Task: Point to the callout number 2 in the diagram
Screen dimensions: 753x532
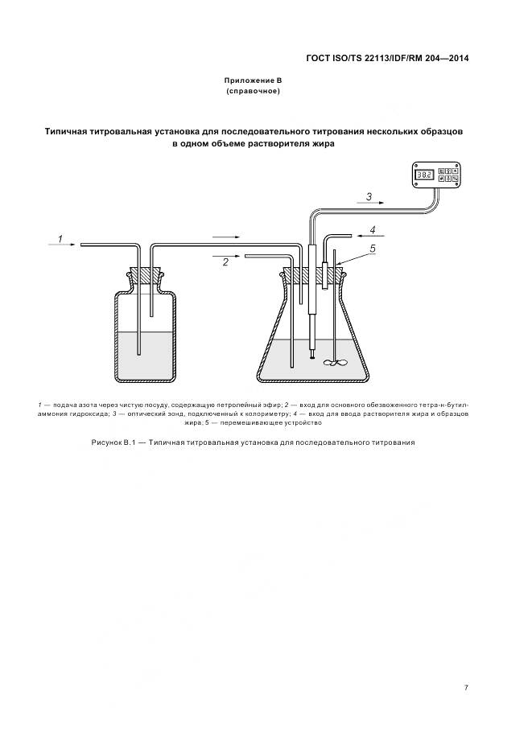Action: tap(225, 262)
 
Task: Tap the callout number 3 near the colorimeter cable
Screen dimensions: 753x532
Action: tap(368, 195)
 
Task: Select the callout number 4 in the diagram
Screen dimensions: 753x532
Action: tap(372, 229)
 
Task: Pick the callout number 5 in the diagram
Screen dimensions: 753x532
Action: tap(372, 249)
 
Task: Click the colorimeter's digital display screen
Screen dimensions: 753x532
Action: tap(425, 174)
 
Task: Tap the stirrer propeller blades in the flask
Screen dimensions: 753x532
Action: tap(335, 364)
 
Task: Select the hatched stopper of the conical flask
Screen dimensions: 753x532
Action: tap(314, 276)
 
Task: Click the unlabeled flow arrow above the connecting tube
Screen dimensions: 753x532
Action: tap(226, 237)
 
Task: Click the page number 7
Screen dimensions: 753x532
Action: tap(466, 688)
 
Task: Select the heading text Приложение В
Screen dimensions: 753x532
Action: tap(254, 81)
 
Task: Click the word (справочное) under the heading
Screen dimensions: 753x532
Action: tap(254, 93)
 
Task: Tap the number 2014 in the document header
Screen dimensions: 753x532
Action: tap(456, 58)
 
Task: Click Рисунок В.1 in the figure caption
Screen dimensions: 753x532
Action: tap(112, 443)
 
